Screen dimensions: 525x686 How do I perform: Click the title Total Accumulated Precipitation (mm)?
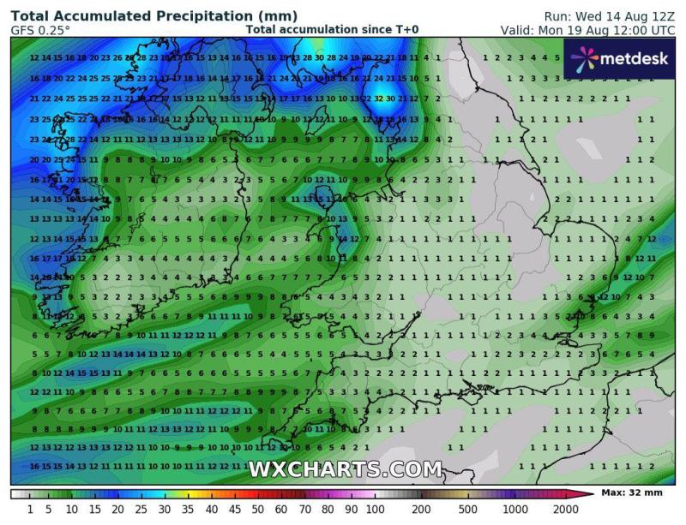[154, 16]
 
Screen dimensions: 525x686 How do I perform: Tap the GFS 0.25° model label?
[41, 30]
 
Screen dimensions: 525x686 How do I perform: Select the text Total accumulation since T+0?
[332, 30]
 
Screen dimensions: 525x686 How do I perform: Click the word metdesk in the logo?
[636, 58]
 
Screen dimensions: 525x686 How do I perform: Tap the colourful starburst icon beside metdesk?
[583, 58]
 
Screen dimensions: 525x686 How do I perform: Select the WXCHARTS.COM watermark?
[345, 469]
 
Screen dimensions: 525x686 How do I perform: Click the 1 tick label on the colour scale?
[29, 510]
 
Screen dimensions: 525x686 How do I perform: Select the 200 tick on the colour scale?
[421, 510]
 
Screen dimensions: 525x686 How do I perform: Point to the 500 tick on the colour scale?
[467, 510]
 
